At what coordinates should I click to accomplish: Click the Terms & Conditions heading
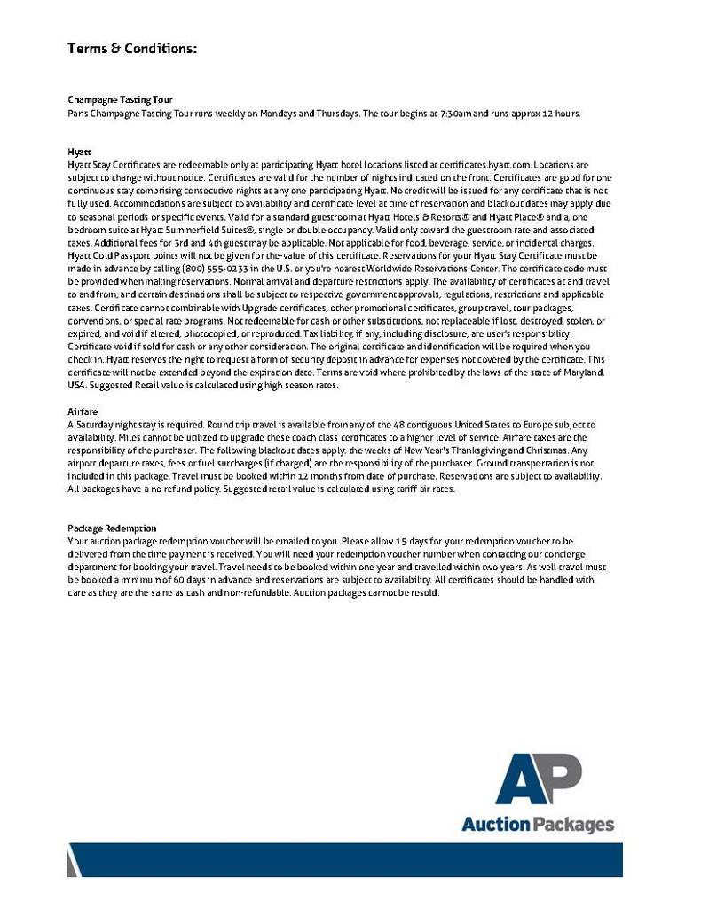click(131, 48)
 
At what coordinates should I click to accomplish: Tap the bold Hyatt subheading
click(77, 153)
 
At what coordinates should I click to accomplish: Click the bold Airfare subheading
click(82, 411)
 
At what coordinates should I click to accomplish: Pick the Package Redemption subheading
click(112, 528)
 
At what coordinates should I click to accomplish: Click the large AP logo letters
click(538, 780)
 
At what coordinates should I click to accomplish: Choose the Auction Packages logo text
click(537, 825)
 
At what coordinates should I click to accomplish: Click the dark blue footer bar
click(355, 859)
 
